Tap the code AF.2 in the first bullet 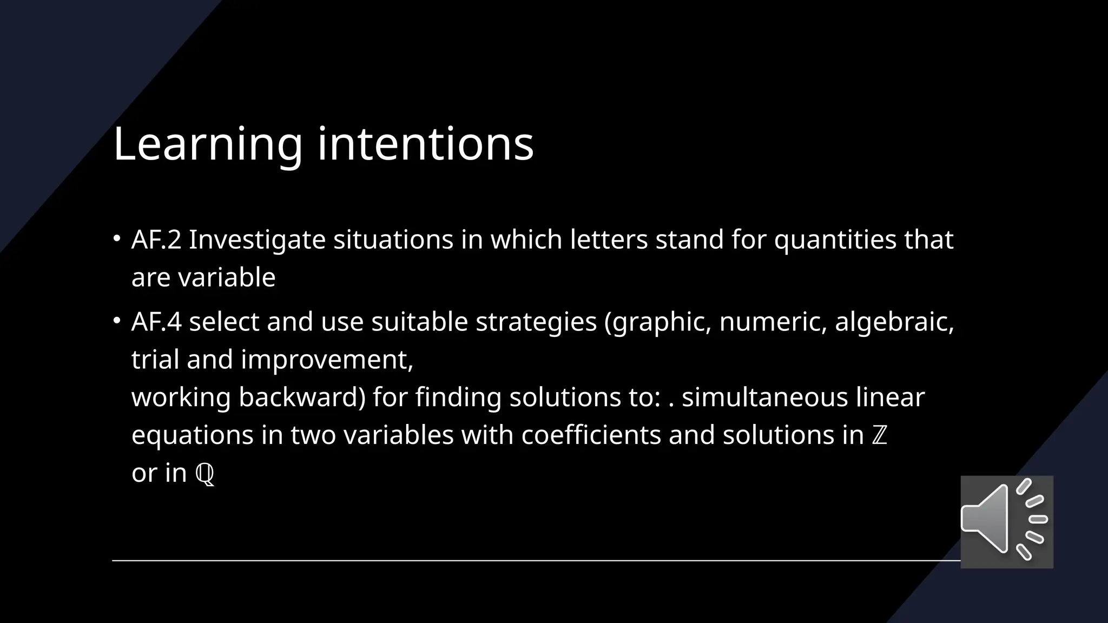(156, 240)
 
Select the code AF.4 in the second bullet (156, 322)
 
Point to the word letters (609, 240)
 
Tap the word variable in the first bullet (227, 277)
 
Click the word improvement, (327, 360)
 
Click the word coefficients (591, 435)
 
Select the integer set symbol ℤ (880, 436)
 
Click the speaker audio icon (1006, 521)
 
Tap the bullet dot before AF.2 (117, 238)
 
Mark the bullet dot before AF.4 (117, 321)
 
